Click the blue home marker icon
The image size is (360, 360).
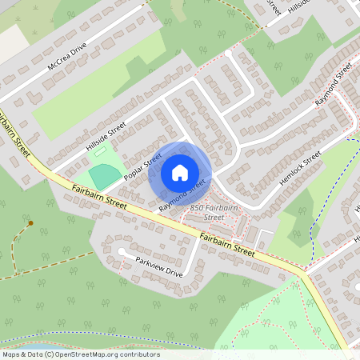[x=180, y=173]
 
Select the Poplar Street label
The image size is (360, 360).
[x=143, y=167]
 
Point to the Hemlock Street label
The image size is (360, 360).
[x=301, y=166]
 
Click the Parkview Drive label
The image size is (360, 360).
[x=159, y=268]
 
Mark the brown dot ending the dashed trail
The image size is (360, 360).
[x=30, y=223]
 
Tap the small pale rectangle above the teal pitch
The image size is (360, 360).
[x=101, y=150]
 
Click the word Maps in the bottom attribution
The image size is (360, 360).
[x=11, y=354]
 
